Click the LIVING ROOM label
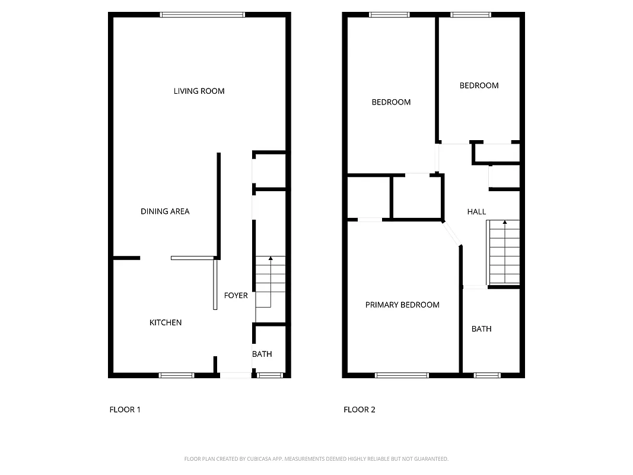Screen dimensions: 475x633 199,91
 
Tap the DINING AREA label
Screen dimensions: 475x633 165,211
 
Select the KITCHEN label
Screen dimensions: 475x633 165,322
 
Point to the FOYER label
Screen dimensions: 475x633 236,295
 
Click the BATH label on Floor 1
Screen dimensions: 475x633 262,354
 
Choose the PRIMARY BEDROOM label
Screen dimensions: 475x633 402,305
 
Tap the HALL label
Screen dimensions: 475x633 476,211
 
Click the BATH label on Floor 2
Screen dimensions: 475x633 481,328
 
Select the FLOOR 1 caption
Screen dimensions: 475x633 125,409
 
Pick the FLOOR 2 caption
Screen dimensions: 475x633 360,409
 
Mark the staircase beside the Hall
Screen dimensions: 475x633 503,252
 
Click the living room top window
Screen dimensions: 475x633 203,15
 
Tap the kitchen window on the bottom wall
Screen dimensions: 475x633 176,375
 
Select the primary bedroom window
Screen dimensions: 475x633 402,375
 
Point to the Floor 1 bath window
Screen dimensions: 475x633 270,375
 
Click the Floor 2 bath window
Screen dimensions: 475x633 487,375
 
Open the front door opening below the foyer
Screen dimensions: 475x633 235,375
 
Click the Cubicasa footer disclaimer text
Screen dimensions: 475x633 316,459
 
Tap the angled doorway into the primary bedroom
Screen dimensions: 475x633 452,233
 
